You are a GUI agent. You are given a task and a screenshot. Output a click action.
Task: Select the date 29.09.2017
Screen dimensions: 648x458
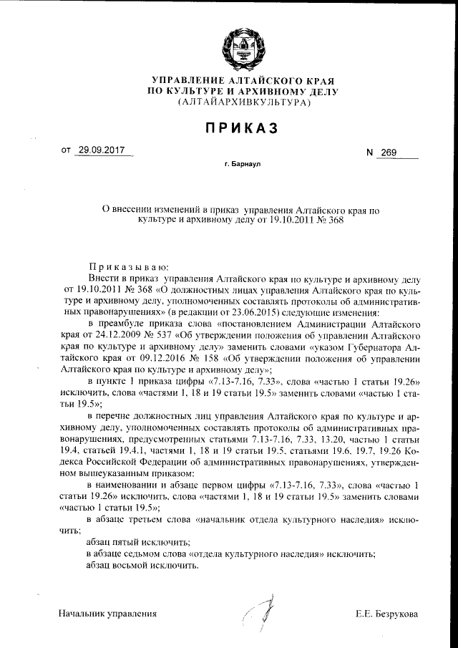coord(101,151)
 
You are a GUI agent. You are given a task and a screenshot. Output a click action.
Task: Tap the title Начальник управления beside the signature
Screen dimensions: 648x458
coord(107,614)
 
